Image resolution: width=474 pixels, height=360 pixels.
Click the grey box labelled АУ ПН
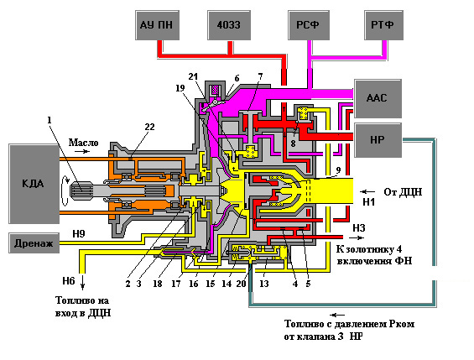coord(157,25)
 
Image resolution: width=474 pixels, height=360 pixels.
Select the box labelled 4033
coord(229,25)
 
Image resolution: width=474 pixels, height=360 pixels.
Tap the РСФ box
coord(309,25)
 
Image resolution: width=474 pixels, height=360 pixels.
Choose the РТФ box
coord(383,25)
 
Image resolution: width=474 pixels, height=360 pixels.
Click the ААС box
coord(378,98)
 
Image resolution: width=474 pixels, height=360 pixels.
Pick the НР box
coord(378,140)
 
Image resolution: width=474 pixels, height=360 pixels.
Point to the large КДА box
coord(34,184)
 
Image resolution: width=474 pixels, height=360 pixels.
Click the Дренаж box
coord(34,243)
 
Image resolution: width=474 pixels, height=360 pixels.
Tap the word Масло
coord(83,143)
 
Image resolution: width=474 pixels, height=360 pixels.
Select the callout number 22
coord(149,127)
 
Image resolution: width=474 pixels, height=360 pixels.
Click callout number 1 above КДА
coord(49,120)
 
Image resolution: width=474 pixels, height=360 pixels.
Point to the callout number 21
coord(193,76)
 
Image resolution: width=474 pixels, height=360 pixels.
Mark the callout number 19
coord(180,88)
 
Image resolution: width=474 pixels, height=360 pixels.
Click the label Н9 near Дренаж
coord(79,233)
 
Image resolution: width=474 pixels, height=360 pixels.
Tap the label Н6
coord(69,281)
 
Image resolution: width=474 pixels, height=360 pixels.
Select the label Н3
coord(359,227)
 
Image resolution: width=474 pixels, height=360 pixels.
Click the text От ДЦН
coord(403,192)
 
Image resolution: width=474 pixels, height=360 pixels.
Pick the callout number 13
coord(264,284)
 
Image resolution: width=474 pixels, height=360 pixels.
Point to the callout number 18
coord(158,284)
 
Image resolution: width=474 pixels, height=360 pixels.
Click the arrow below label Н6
coord(82,282)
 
